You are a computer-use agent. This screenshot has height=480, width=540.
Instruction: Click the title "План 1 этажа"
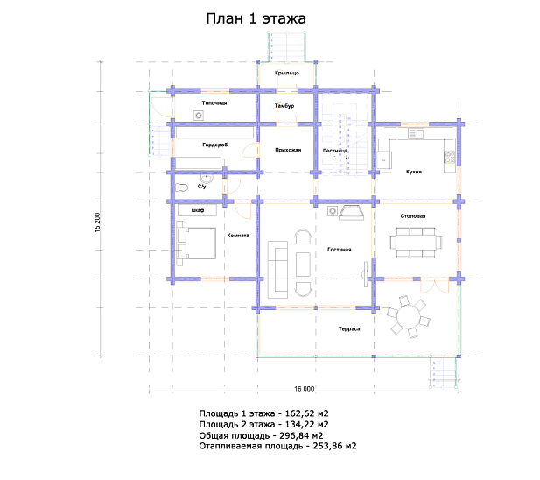(256, 18)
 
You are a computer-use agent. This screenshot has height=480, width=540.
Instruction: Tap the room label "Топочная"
(214, 103)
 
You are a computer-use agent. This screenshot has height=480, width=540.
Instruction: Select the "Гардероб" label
(215, 145)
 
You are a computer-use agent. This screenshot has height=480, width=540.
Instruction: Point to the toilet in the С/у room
(181, 187)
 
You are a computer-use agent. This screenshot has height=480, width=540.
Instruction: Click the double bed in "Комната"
(196, 244)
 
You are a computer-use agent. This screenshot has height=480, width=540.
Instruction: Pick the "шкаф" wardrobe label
(198, 210)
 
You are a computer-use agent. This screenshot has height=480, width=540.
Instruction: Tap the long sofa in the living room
(277, 270)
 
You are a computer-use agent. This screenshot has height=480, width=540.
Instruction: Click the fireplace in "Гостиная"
(351, 213)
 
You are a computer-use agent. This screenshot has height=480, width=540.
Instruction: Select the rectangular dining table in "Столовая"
(416, 243)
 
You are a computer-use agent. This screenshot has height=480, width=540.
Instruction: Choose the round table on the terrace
(409, 317)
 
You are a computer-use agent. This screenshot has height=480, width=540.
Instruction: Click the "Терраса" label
(349, 328)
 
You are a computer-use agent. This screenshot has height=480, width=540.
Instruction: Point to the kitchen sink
(416, 133)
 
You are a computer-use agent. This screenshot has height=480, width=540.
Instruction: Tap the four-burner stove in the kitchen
(450, 158)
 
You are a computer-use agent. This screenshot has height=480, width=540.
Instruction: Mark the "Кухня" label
(414, 172)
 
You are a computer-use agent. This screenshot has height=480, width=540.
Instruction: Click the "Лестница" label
(335, 151)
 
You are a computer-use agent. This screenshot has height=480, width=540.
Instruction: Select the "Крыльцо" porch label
(287, 73)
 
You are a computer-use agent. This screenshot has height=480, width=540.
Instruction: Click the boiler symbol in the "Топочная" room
(199, 116)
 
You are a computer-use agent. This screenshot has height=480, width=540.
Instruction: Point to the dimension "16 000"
(304, 389)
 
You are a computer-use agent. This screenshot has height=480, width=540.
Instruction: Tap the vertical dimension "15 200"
(98, 222)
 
